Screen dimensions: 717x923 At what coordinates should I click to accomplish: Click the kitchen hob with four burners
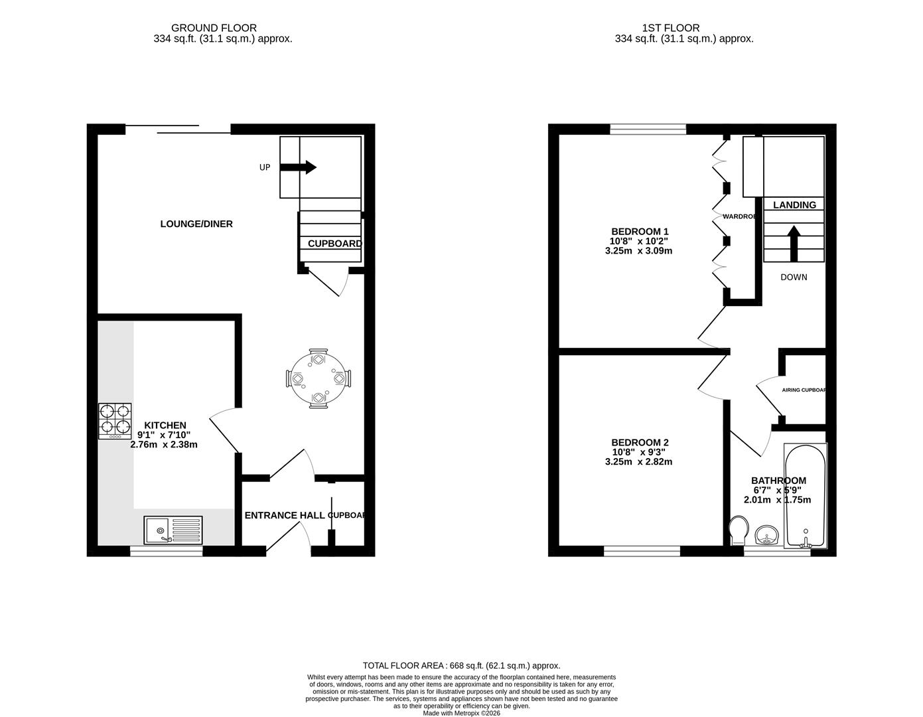[114, 421]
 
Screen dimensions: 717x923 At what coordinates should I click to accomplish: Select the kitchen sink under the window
[173, 530]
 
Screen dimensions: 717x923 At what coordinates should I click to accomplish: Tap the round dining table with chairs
[319, 378]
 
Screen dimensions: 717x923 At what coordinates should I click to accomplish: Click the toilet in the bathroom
[737, 530]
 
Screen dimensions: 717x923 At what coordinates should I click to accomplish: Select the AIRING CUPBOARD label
[804, 390]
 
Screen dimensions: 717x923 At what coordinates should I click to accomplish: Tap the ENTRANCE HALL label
[285, 515]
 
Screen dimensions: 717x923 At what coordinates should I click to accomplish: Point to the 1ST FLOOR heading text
[671, 28]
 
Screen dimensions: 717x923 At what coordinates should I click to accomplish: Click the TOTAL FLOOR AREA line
[461, 665]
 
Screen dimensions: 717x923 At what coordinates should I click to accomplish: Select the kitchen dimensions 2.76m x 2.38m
[164, 445]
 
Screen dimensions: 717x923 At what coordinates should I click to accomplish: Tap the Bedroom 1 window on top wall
[648, 129]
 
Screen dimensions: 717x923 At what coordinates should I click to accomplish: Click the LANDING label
[794, 204]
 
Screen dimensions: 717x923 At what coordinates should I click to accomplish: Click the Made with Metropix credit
[461, 713]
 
